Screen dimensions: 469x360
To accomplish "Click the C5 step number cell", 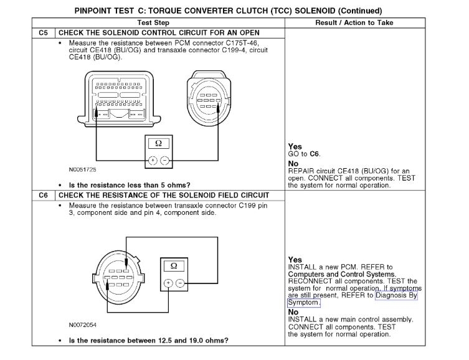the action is point(43,32).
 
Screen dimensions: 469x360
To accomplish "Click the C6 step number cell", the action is point(43,195).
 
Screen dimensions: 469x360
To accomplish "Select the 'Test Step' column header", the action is point(157,22).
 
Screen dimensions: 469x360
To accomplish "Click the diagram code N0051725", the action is point(82,169).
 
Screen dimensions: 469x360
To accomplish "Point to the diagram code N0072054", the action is point(82,324).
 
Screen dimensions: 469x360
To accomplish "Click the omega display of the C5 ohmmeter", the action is point(158,144).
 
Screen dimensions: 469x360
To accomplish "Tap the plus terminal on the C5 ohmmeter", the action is point(152,160).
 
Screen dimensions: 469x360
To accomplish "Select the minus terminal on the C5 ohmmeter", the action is point(164,160).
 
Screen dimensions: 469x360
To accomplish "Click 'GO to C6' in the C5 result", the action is point(305,153).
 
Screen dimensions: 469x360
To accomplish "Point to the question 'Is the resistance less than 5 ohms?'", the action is point(130,185).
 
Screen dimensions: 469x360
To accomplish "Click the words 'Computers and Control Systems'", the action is point(341,274).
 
